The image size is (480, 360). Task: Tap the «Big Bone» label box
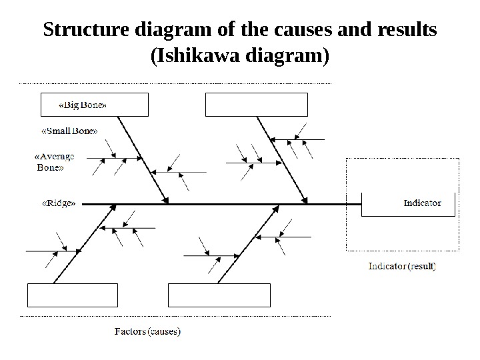point(94,105)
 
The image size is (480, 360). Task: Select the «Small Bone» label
point(69,130)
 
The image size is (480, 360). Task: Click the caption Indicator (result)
point(402,266)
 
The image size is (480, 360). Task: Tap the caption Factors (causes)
point(147,331)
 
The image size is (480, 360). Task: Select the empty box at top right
point(257,105)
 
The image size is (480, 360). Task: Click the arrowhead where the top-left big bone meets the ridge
point(166,200)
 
